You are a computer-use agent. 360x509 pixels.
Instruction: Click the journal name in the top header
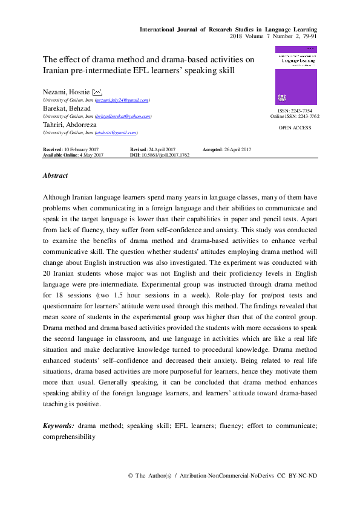coord(228,29)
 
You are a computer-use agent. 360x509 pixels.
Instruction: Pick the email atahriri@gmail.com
coord(116,132)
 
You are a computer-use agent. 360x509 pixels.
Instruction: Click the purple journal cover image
coord(295,76)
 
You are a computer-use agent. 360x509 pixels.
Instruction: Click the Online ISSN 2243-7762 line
coord(295,117)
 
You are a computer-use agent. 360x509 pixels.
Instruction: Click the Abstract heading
coord(55,176)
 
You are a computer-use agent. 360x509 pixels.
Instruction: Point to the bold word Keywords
coord(59,426)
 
